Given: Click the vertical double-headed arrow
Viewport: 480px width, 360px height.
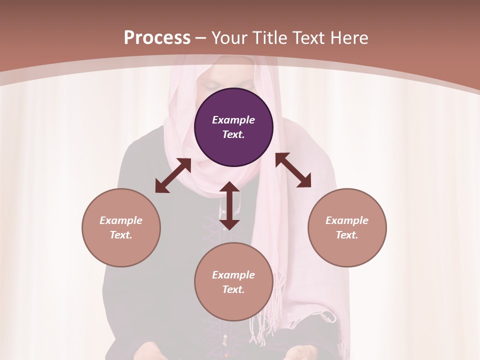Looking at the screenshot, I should point(229,205).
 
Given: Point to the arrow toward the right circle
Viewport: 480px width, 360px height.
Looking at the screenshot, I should point(293,170).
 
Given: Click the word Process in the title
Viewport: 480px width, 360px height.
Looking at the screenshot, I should point(157,37).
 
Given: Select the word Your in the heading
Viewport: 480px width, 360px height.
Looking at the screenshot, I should point(230,37).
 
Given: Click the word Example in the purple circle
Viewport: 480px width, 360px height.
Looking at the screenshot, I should point(233,120).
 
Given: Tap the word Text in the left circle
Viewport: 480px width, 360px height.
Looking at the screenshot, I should point(121,235).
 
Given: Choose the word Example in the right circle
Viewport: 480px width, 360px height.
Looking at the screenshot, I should point(347,220).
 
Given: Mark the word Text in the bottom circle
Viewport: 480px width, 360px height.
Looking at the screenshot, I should point(233,289).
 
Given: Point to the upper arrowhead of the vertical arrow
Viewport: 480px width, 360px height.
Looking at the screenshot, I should point(229,187).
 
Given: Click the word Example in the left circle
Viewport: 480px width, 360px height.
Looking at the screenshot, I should point(121,220).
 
